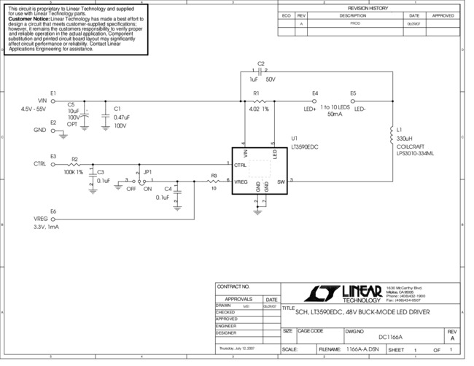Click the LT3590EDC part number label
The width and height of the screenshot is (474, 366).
pyautogui.click(x=304, y=146)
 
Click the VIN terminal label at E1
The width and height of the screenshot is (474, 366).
pyautogui.click(x=42, y=101)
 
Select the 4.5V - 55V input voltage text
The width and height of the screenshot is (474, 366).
pyautogui.click(x=34, y=109)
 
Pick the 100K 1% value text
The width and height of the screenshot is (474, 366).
pyautogui.click(x=73, y=172)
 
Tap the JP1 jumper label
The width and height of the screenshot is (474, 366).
pyautogui.click(x=148, y=172)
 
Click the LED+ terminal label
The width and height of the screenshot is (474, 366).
pyautogui.click(x=310, y=109)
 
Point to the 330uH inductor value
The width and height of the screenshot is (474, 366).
pyautogui.click(x=404, y=138)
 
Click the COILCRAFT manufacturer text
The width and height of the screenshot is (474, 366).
pyautogui.click(x=411, y=147)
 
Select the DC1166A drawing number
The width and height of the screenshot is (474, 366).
pyautogui.click(x=390, y=337)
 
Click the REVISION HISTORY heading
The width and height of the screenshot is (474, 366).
pyautogui.click(x=368, y=7)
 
